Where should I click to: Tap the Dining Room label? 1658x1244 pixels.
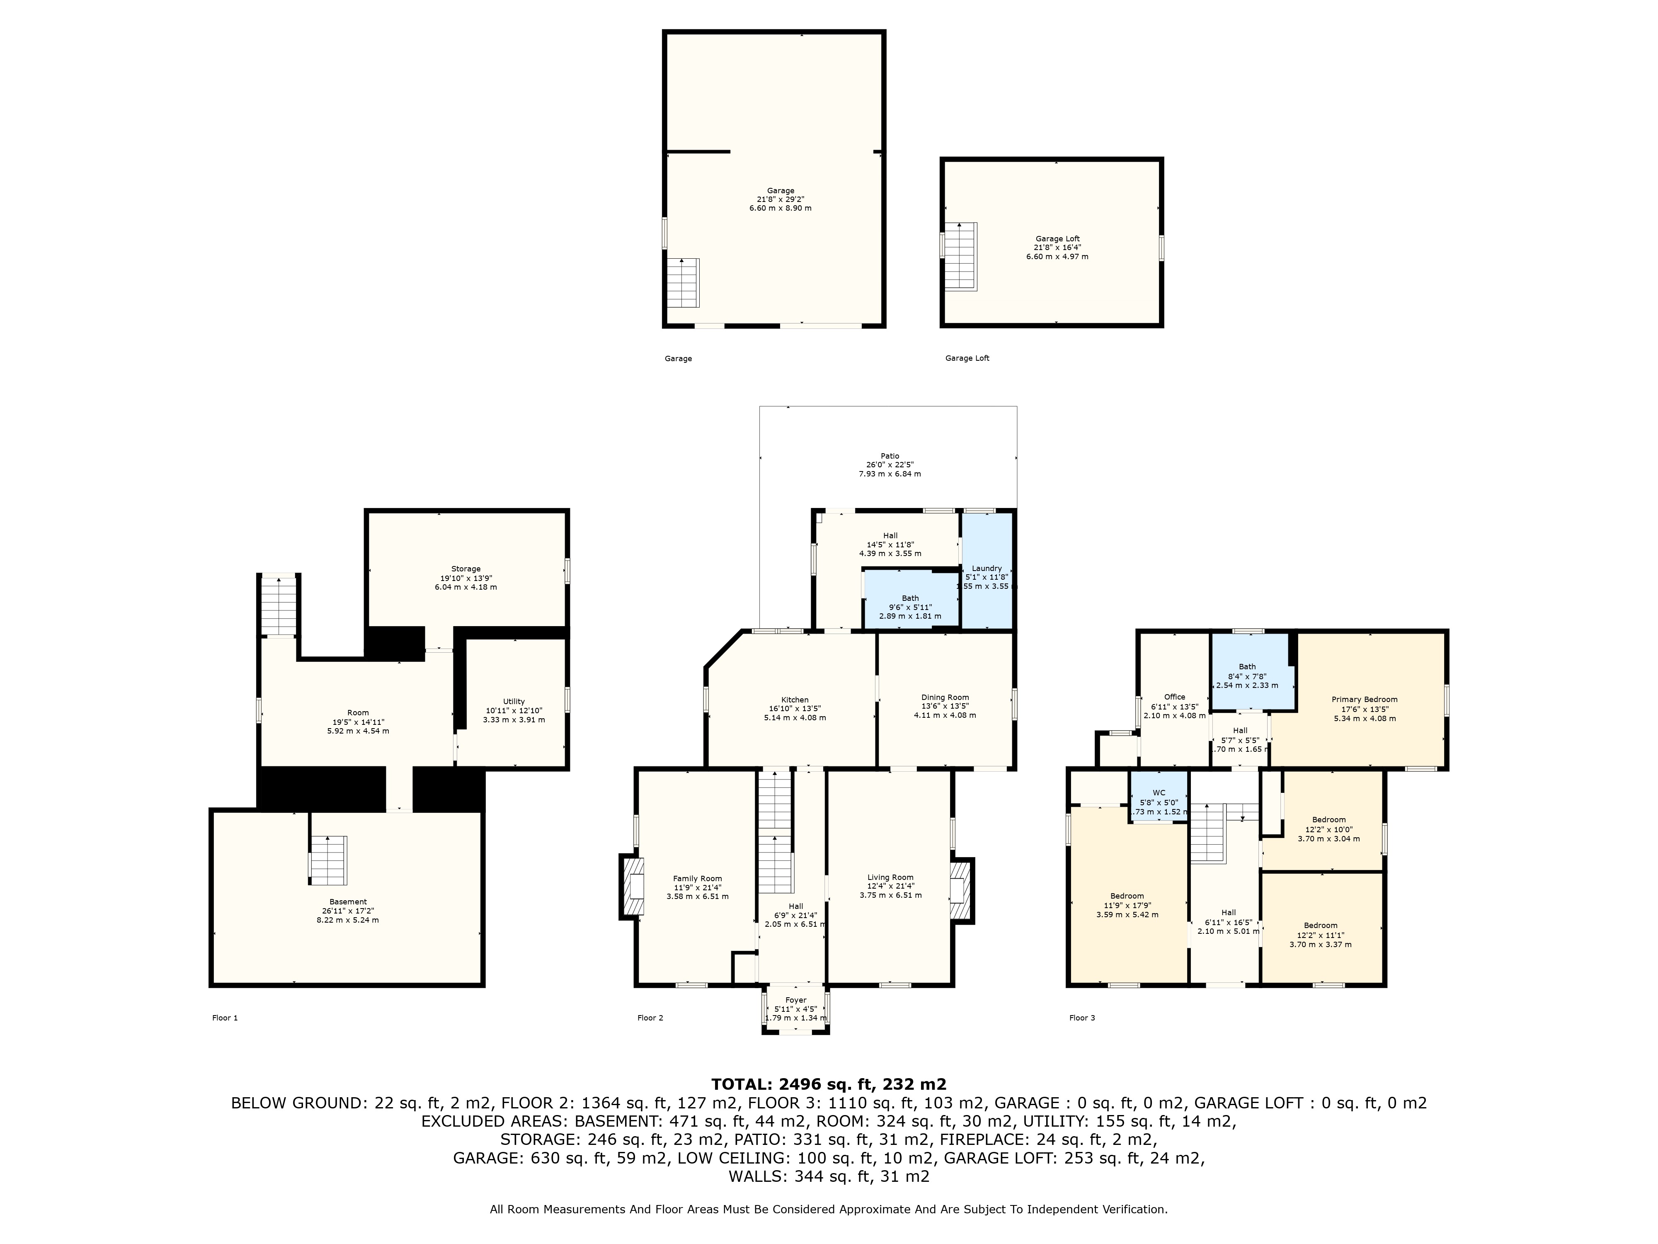[945, 697]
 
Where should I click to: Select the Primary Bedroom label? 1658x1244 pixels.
[1364, 700]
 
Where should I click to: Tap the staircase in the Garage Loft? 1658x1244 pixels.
[960, 256]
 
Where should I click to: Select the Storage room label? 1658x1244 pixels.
[465, 569]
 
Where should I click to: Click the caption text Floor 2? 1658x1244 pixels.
[650, 1018]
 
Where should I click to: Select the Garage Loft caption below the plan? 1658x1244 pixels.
[967, 358]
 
